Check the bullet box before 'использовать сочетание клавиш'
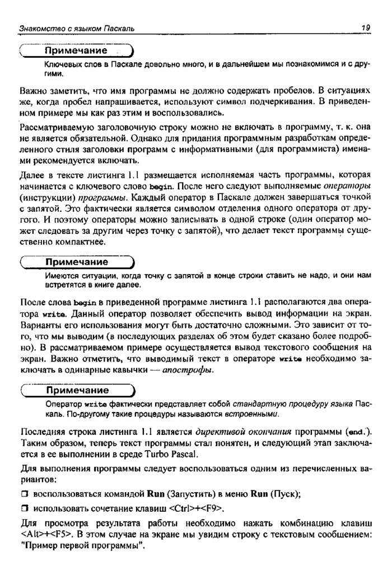(x=24, y=508)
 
